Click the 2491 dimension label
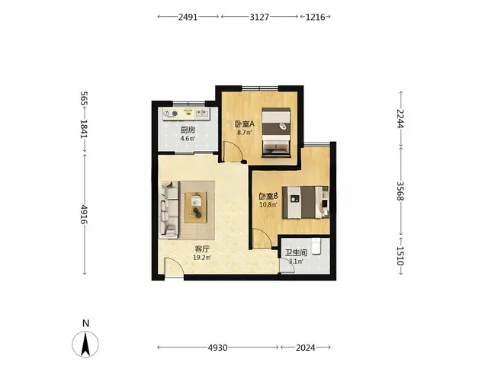coord(188,17)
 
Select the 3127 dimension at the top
coord(259,17)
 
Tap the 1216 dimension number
coord(315,17)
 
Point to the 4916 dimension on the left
coord(84,214)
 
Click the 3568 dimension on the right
coord(401,191)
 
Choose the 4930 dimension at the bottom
coord(217,348)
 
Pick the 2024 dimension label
coord(305,348)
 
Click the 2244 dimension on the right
coord(401,119)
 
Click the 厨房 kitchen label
coord(188,130)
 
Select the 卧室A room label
coord(245,124)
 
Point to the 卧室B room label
coord(268,197)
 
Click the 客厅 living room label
coord(202,249)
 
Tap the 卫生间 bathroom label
coord(296,252)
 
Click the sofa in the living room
coord(169,210)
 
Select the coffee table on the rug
coord(196,207)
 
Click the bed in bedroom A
coord(276,132)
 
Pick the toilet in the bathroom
coord(317,246)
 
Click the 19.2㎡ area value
coord(202,258)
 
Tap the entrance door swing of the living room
coord(174,266)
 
